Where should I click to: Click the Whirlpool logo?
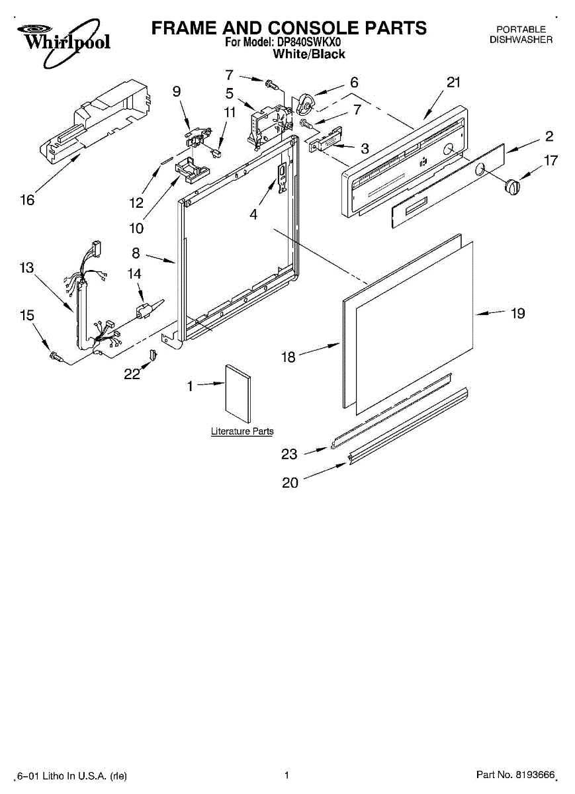(63, 41)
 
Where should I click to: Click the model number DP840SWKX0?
(309, 42)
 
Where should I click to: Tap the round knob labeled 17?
(511, 187)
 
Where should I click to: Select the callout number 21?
(453, 83)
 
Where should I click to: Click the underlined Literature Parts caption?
(242, 431)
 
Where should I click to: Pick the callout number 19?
(517, 313)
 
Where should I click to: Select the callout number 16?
(27, 200)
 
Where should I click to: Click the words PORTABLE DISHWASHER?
(521, 34)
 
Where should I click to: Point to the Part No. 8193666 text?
(515, 775)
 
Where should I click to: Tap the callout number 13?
(27, 268)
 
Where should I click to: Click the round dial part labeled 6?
(306, 104)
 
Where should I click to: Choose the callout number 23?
(289, 454)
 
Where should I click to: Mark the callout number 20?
(290, 483)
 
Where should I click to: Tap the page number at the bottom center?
(287, 775)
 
